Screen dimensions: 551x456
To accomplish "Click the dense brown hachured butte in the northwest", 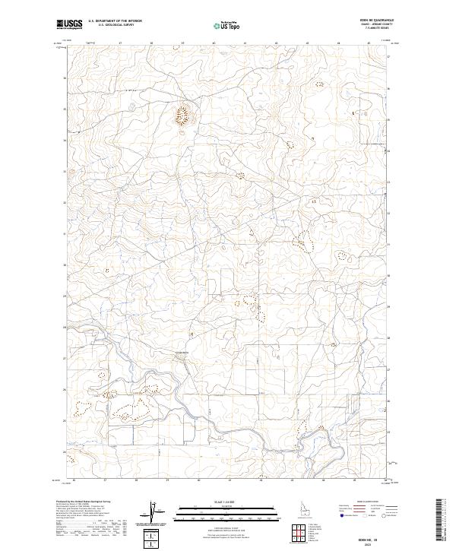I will pyautogui.click(x=182, y=116).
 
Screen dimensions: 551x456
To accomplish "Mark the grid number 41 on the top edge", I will pyautogui.click(x=245, y=43).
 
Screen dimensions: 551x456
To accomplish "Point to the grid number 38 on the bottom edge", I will pyautogui.click(x=135, y=480).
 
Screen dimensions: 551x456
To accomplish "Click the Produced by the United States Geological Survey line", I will pyautogui.click(x=84, y=502).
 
